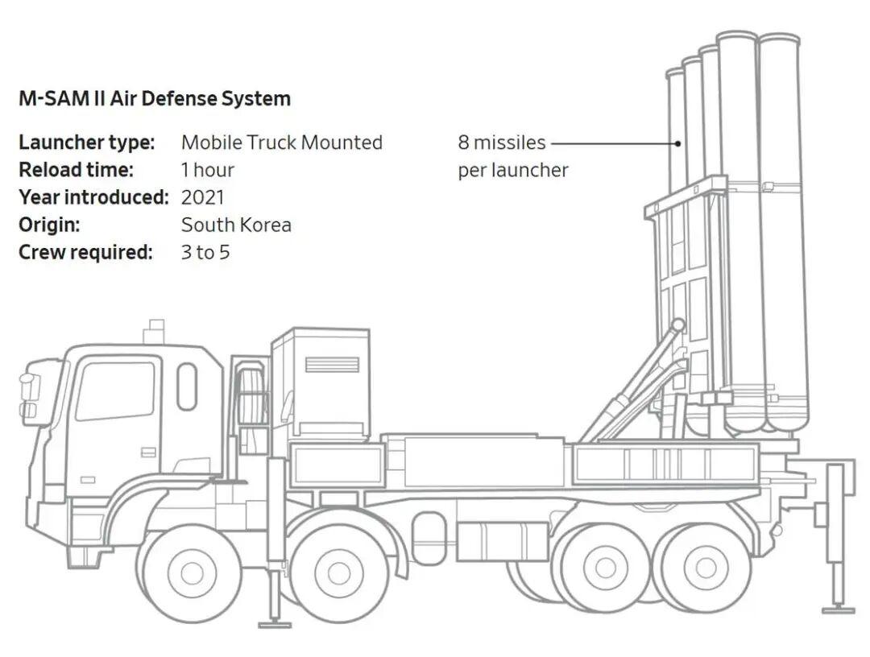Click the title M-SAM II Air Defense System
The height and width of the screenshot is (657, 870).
coord(154,99)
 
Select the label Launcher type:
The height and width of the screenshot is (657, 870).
coord(86,143)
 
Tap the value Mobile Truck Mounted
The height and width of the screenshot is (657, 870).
coord(281,143)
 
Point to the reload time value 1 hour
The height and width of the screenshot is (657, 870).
coord(207,170)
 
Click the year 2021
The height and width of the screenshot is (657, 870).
coord(202,197)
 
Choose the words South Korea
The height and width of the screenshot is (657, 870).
coord(236,225)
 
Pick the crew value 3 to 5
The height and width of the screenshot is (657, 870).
coord(205,252)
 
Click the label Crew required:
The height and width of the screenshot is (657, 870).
coord(85,252)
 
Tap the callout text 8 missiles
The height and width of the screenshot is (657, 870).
coord(501,143)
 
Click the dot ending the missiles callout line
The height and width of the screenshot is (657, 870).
coord(678,143)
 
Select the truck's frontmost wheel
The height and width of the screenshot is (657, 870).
coord(192,572)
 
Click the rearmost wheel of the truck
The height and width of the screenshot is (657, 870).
coord(706,567)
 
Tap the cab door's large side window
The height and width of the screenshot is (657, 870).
coord(117,390)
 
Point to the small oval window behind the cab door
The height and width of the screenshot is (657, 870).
coord(187,386)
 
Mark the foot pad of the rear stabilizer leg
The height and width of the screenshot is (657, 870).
coord(838,609)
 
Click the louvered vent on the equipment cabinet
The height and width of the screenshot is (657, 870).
coord(332,365)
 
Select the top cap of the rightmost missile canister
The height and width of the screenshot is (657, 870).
coord(779,38)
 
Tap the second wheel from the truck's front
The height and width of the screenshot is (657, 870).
coord(339,572)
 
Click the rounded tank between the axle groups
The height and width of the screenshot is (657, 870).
coord(429,537)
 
